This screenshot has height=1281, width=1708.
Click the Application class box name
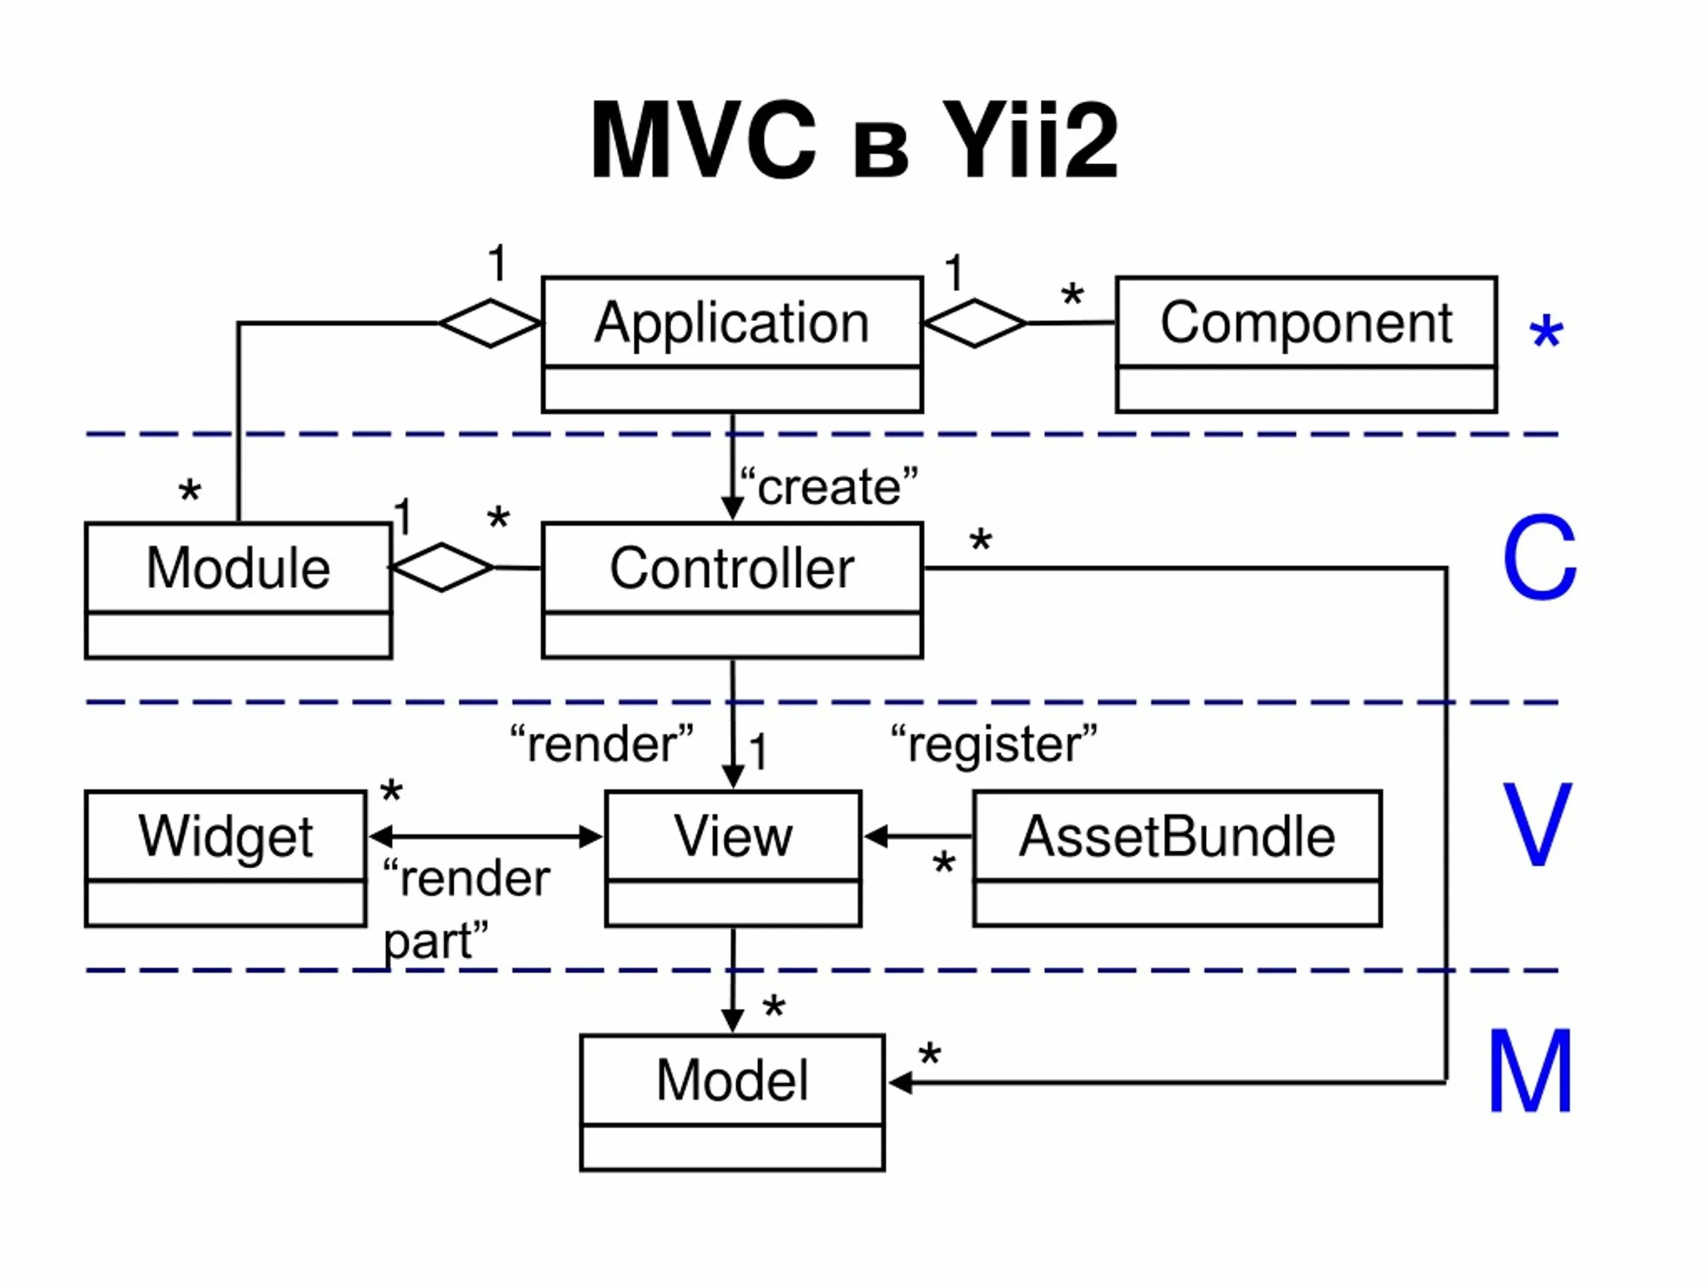click(731, 323)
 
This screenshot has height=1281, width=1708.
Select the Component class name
click(1306, 323)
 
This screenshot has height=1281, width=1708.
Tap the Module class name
click(238, 568)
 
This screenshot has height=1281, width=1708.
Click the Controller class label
click(731, 568)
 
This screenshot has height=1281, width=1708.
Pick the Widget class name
click(226, 836)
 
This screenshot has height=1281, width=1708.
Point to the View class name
click(733, 836)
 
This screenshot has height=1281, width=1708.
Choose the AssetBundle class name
click(1177, 836)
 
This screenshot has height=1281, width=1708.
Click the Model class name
click(732, 1080)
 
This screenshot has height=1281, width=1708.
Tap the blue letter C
click(1539, 558)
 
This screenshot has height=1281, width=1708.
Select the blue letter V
click(1537, 825)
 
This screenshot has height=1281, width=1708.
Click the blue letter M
click(1530, 1071)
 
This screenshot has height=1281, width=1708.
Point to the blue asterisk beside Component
click(1546, 332)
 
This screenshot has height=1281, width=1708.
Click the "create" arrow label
click(829, 487)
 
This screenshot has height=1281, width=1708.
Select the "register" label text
click(993, 745)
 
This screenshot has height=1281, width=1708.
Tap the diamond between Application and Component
click(975, 323)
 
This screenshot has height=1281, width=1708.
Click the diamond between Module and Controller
click(442, 568)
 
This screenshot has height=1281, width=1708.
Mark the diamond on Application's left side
click(490, 323)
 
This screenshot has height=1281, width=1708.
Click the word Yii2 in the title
click(1029, 141)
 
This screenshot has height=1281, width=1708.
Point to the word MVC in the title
click(703, 141)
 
